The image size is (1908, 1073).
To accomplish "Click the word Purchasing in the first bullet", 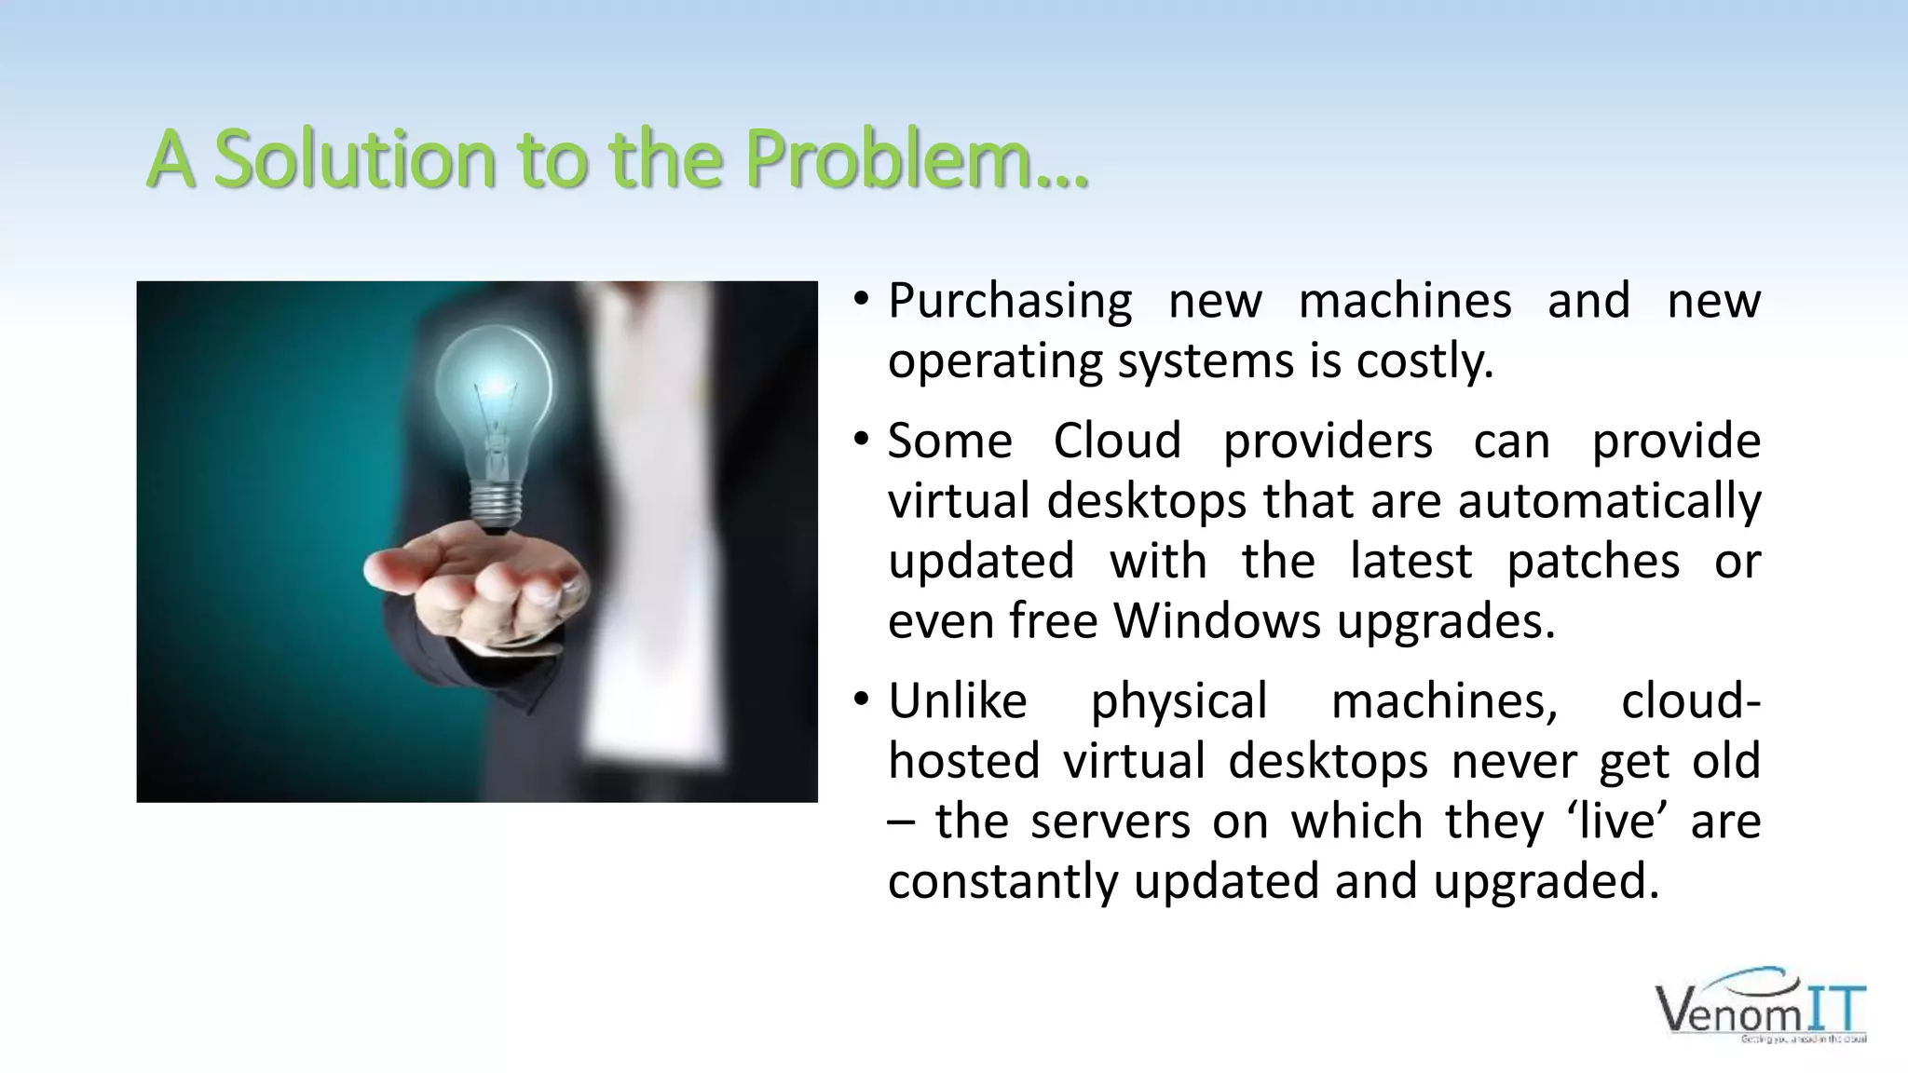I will tap(1010, 301).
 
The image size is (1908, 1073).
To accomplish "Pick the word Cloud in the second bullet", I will tap(1117, 441).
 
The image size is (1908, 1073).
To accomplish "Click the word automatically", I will tap(1609, 500).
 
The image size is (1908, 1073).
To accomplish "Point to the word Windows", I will tap(1218, 620).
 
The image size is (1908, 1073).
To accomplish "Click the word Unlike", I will tap(957, 700).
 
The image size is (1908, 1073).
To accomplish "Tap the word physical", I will tap(1179, 700).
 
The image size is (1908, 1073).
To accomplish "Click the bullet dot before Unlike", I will tap(861, 699).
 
